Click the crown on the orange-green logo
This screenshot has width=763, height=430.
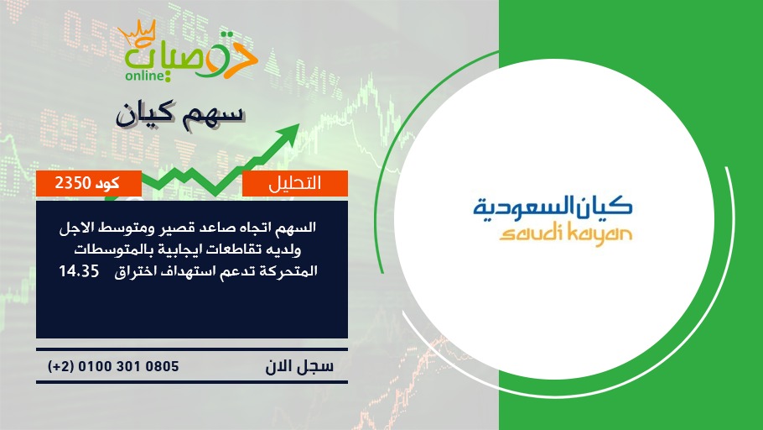point(138,33)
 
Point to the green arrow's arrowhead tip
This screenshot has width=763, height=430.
point(298,124)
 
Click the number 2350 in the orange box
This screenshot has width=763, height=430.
point(73,183)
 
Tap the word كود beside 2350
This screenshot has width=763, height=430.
point(107,183)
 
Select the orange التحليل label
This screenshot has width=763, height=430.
point(295,183)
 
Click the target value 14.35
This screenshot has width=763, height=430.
point(79,271)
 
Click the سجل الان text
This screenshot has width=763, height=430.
point(300,366)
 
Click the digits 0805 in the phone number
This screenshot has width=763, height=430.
point(162,366)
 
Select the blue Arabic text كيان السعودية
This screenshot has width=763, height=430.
point(553,206)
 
